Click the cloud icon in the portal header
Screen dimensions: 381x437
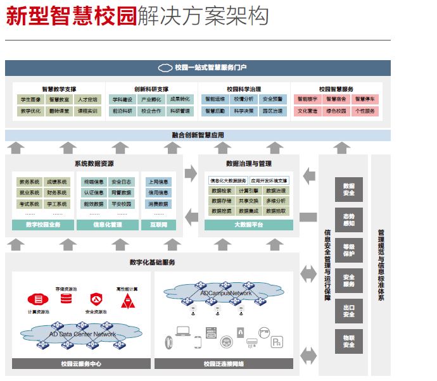(165, 68)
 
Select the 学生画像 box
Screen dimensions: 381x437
(31, 99)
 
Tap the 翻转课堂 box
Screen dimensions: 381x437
(59, 111)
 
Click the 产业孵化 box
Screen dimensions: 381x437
(151, 99)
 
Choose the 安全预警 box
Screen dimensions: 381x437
(272, 99)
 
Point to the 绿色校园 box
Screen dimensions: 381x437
(336, 111)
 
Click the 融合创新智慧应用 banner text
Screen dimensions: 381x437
(198, 135)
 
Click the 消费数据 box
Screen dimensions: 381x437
(158, 204)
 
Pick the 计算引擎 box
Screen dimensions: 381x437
(248, 190)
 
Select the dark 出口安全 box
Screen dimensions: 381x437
(348, 311)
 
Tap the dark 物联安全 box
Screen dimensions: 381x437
(348, 341)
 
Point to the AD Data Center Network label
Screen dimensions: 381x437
(83, 334)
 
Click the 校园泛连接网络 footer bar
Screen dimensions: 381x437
(224, 364)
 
